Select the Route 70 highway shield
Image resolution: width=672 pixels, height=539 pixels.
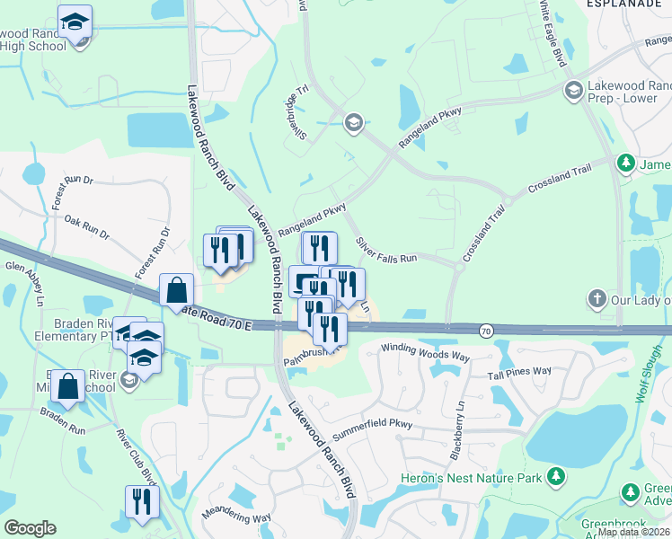485,331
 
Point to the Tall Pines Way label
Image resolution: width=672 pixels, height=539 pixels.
519,371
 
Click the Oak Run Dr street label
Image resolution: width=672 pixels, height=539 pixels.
86,228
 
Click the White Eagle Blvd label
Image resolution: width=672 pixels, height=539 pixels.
551,33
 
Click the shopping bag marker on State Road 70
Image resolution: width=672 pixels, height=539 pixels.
177,290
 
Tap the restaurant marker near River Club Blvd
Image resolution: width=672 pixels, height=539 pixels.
141,501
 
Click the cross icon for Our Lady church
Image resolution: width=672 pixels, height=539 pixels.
597,297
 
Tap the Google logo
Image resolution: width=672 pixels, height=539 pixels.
30,528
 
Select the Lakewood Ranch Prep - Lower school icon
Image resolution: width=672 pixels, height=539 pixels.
573,90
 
